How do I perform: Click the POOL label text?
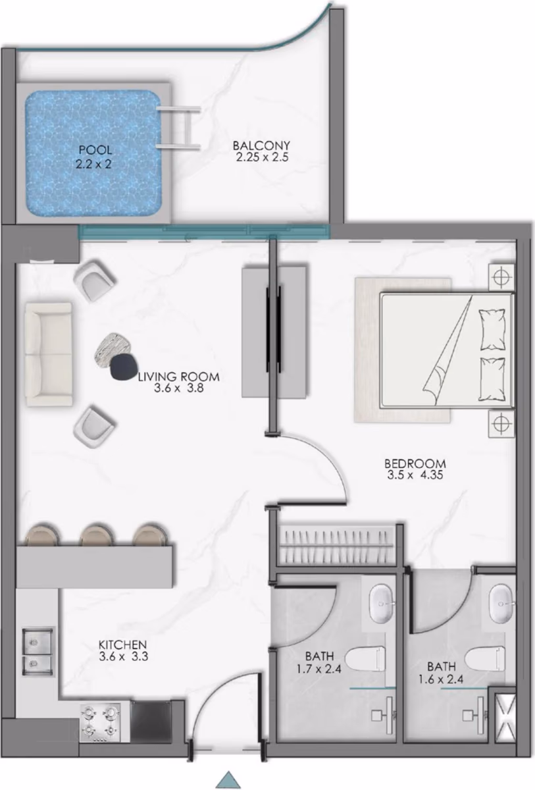(x=95, y=150)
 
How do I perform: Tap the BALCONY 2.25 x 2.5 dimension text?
(x=262, y=157)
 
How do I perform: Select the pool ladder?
(x=179, y=128)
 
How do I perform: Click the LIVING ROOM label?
(x=178, y=377)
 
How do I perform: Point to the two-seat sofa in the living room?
(x=49, y=354)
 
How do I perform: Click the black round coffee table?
(x=123, y=367)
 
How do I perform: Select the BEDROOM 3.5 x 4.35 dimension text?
(x=415, y=475)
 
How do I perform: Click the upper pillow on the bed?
(x=492, y=329)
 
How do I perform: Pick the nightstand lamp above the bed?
(x=501, y=277)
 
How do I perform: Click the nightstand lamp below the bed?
(x=501, y=424)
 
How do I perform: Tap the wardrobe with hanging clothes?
(x=337, y=546)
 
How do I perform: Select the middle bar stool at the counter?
(x=96, y=535)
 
